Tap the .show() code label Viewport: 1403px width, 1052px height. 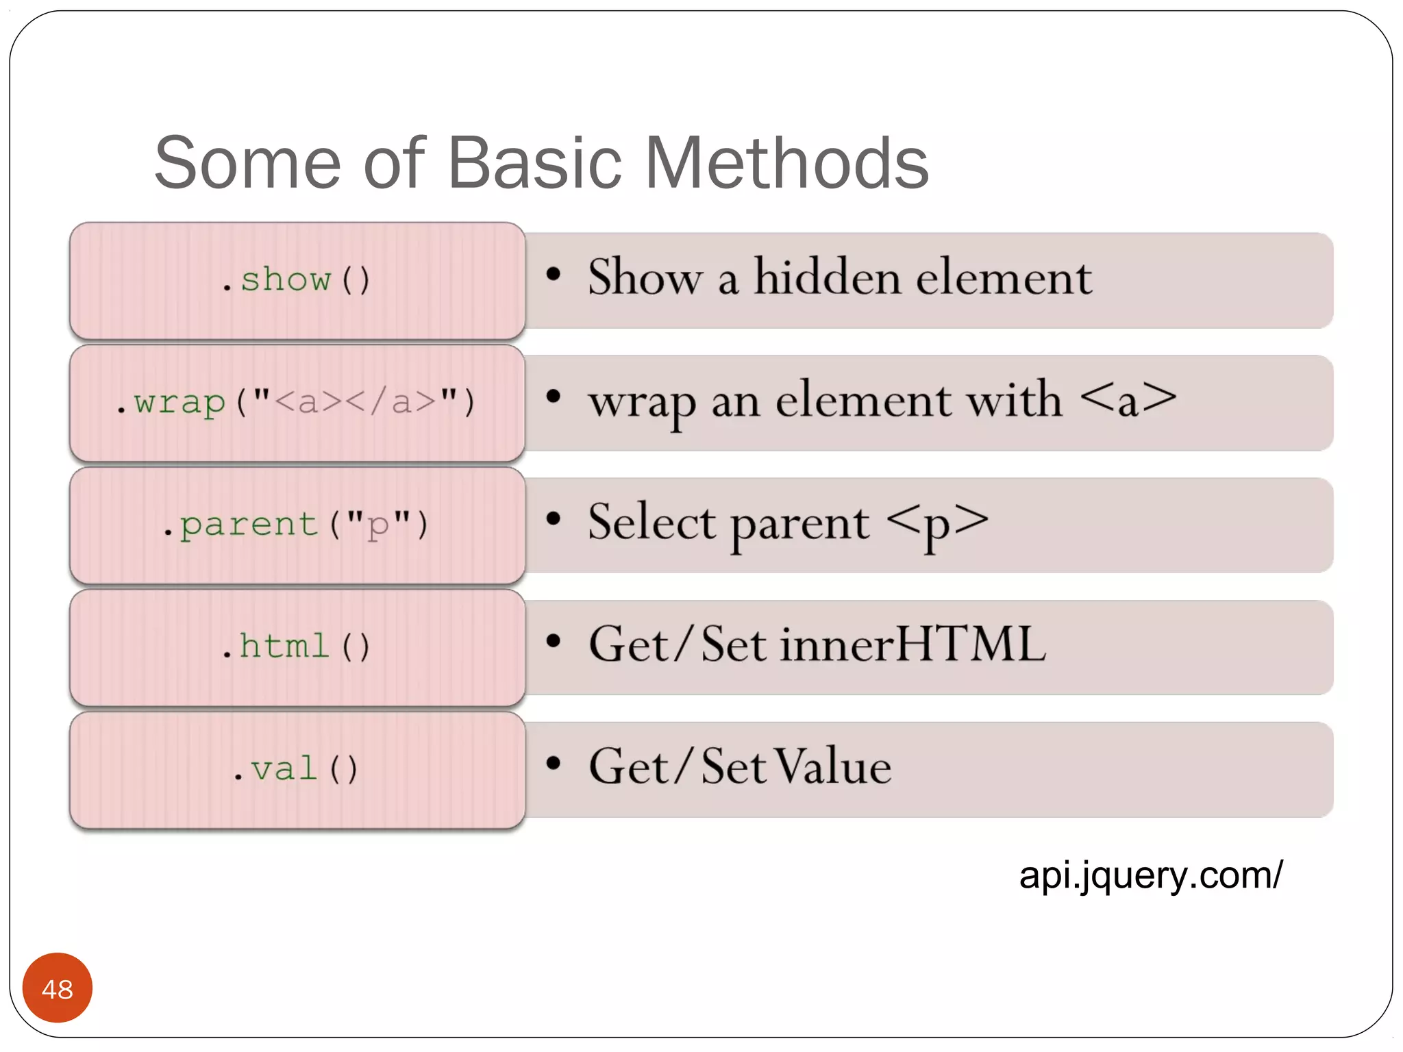(x=296, y=279)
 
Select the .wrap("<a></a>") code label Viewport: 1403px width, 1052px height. (x=296, y=402)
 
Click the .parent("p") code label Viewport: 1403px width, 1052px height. (x=296, y=525)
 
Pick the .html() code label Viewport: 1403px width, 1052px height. (x=296, y=647)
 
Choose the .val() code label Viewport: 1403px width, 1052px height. (x=296, y=769)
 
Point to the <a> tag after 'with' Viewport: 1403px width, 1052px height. (x=1128, y=399)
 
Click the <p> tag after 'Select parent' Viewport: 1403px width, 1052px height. (x=937, y=523)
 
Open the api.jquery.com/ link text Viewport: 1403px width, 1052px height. (x=1150, y=875)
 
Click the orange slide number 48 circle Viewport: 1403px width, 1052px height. (x=58, y=988)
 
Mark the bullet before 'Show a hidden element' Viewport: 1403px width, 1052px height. (x=554, y=275)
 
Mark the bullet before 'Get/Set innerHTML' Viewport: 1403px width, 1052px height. (x=554, y=642)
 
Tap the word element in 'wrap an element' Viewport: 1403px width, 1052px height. (x=863, y=400)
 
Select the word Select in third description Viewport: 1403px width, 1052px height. (x=651, y=523)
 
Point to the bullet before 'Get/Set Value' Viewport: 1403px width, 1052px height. (x=554, y=764)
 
